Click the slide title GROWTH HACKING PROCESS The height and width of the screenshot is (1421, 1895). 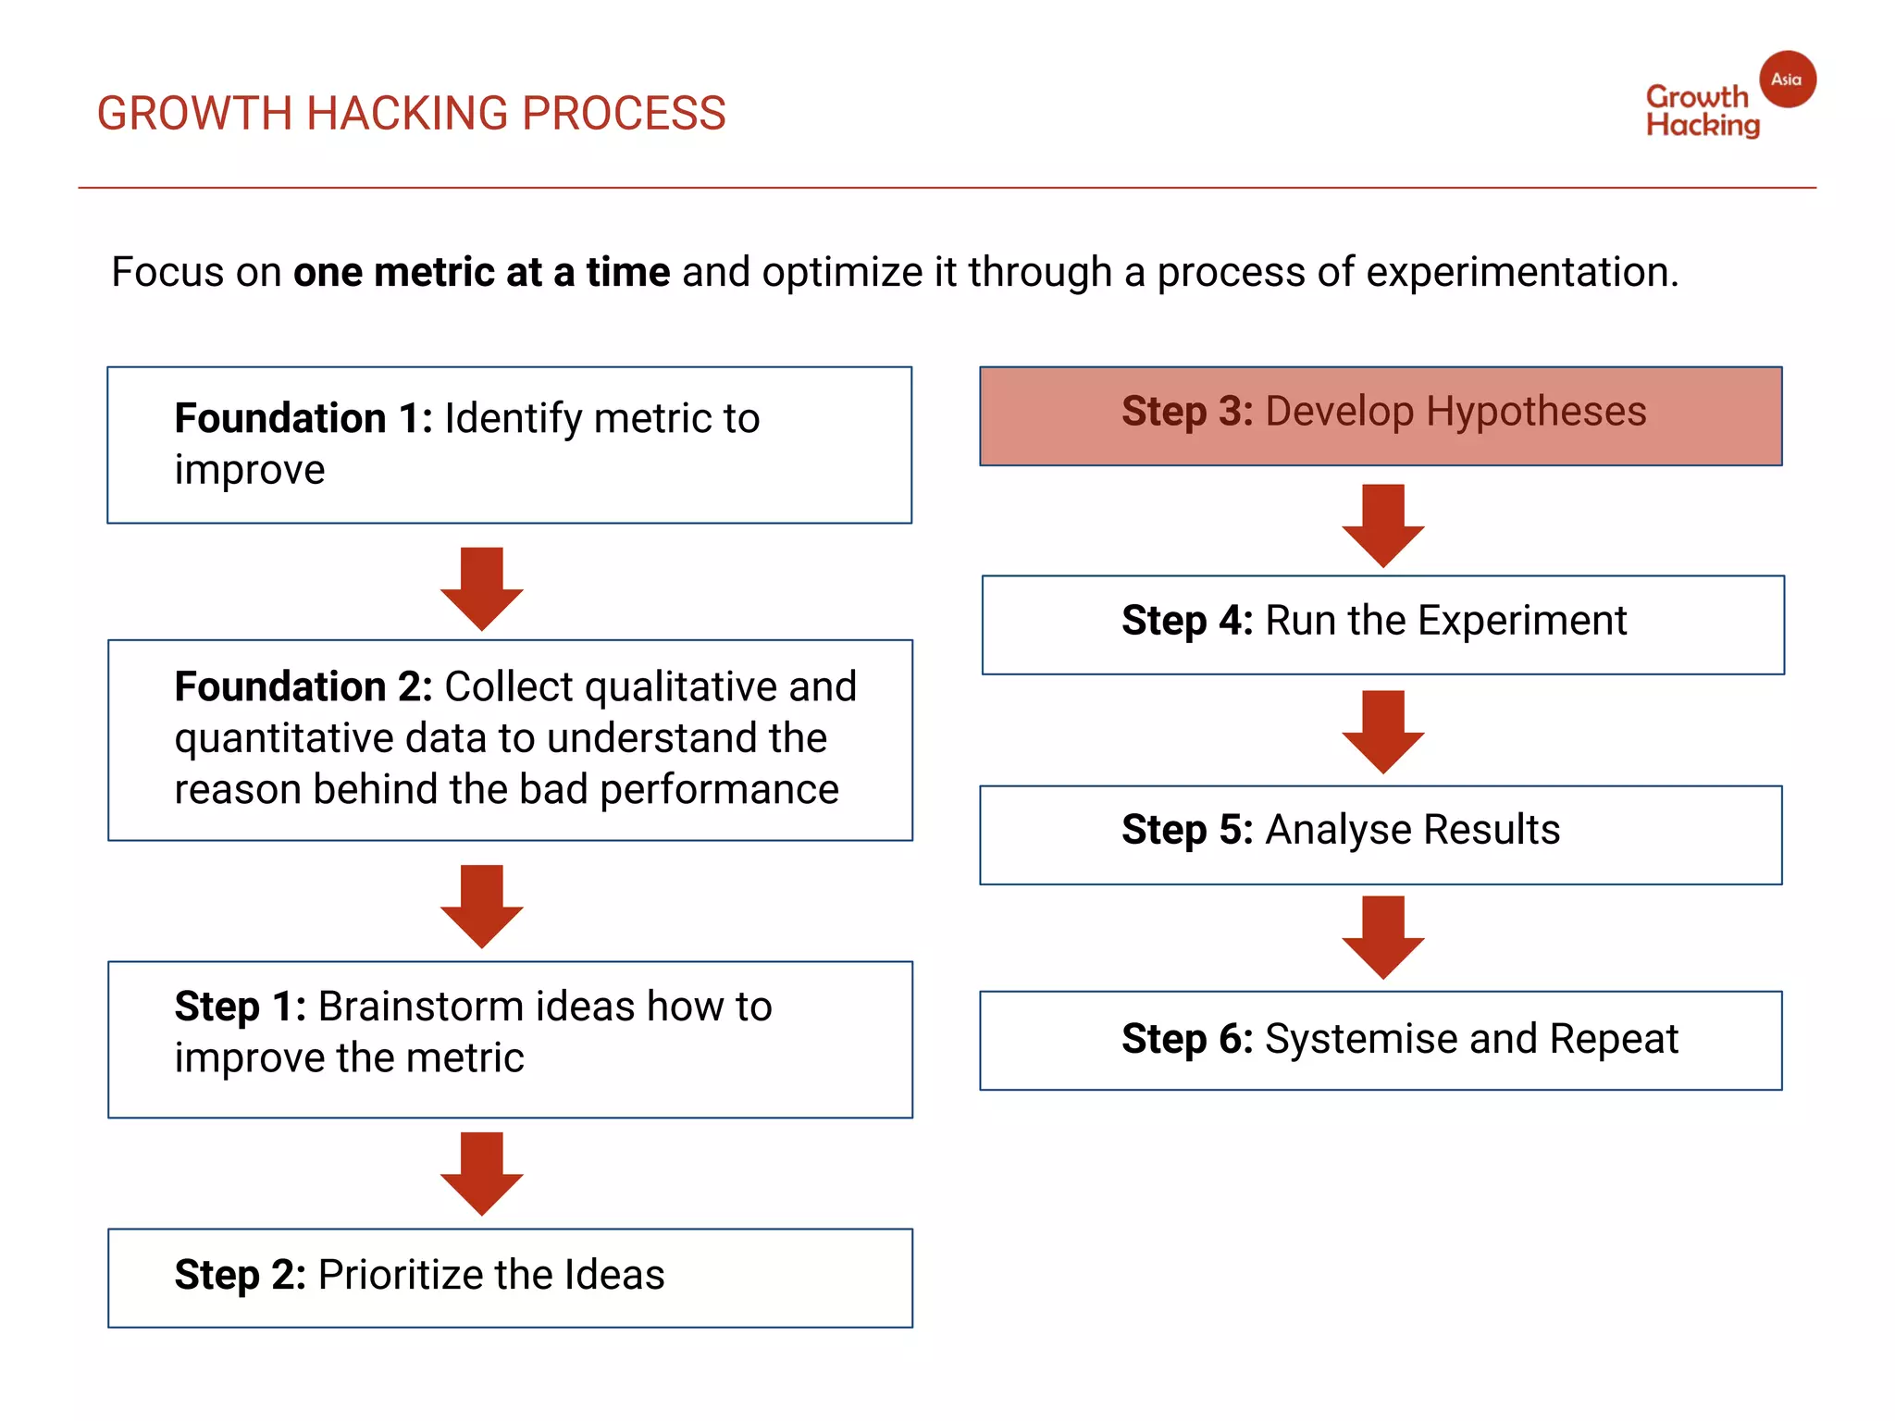(x=411, y=114)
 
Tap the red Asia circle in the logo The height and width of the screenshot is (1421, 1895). (x=1787, y=80)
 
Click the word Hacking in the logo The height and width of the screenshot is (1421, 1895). (x=1703, y=126)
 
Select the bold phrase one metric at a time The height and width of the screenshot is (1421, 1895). (x=481, y=273)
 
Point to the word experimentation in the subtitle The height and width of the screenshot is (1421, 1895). (x=1521, y=273)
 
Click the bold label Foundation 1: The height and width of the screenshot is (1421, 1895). (x=303, y=418)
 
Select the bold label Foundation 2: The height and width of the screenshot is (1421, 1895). (x=303, y=687)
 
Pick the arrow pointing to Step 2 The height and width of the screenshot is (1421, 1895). (x=482, y=1172)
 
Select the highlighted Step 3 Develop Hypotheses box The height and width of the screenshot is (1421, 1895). (x=1381, y=415)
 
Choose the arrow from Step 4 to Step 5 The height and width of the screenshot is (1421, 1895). (x=1382, y=731)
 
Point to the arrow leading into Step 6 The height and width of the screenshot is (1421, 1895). (x=1382, y=936)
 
